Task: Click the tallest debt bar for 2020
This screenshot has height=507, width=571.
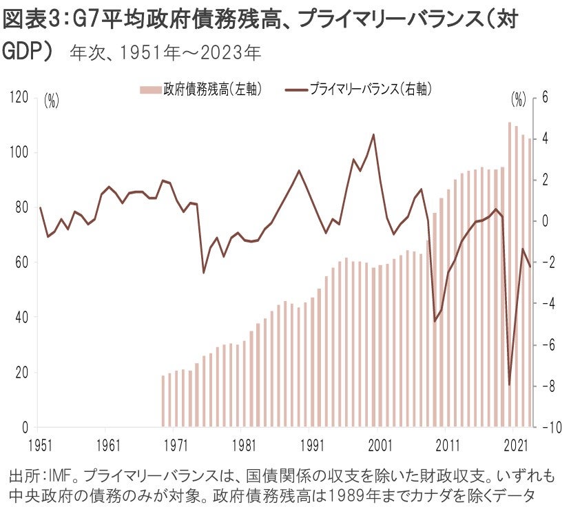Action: [510, 276]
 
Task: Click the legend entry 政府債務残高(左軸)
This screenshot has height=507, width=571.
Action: [201, 89]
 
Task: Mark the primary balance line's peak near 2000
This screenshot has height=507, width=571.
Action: [373, 134]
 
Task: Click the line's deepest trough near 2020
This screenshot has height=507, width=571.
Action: [510, 385]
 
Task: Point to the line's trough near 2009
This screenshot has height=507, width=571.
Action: [435, 321]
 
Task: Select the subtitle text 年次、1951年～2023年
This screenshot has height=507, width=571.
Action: [165, 52]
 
